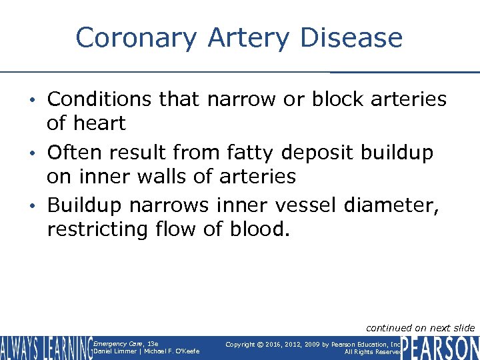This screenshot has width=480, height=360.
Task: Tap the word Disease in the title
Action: point(351,38)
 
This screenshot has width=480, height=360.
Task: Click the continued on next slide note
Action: point(421,327)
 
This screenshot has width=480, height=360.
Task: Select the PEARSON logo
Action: point(440,347)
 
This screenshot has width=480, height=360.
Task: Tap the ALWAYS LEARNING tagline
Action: point(47,348)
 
